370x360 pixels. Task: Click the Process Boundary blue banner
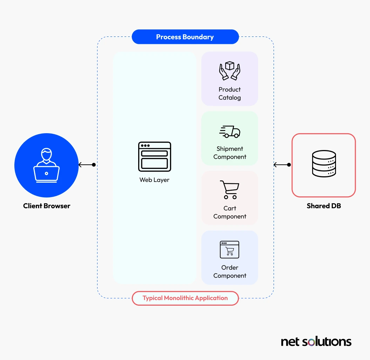pyautogui.click(x=185, y=37)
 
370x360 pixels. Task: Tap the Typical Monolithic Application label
pyautogui.click(x=185, y=298)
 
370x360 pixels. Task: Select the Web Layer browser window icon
pyautogui.click(x=155, y=157)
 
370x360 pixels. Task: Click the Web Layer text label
pyautogui.click(x=155, y=180)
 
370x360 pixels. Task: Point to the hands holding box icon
pyautogui.click(x=230, y=71)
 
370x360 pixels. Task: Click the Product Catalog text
pyautogui.click(x=230, y=94)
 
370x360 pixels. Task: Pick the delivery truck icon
pyautogui.click(x=230, y=132)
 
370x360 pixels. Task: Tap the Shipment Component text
pyautogui.click(x=230, y=152)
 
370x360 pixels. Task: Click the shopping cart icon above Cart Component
pyautogui.click(x=230, y=190)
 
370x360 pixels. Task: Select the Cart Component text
pyautogui.click(x=230, y=212)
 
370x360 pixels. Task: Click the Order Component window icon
pyautogui.click(x=230, y=250)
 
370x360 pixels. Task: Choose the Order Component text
pyautogui.click(x=230, y=272)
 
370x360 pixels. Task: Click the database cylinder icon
pyautogui.click(x=324, y=163)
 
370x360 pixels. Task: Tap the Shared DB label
pyautogui.click(x=324, y=206)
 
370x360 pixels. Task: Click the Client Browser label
pyautogui.click(x=47, y=206)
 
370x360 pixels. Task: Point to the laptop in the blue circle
pyautogui.click(x=47, y=174)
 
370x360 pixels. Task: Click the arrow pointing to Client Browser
pyautogui.click(x=87, y=165)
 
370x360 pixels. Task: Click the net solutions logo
pyautogui.click(x=316, y=342)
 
